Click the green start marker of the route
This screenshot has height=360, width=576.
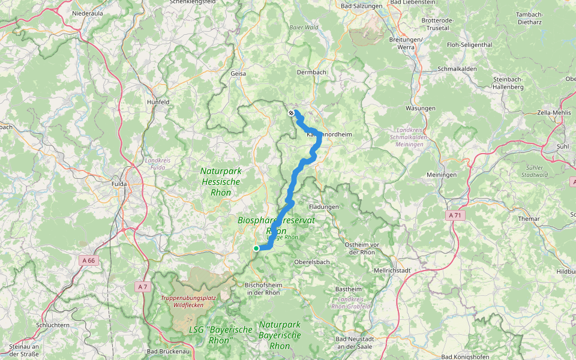pos(256,248)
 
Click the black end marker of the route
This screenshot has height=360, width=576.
pos(291,113)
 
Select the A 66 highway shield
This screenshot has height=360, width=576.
pos(88,260)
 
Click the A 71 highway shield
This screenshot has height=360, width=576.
pos(455,214)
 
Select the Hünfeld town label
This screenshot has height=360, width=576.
pos(158,102)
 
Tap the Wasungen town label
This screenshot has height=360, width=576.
pos(421,108)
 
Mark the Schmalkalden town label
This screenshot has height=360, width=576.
pos(457,68)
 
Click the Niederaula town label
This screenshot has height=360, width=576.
pos(88,13)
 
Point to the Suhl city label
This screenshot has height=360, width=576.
pos(563,146)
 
